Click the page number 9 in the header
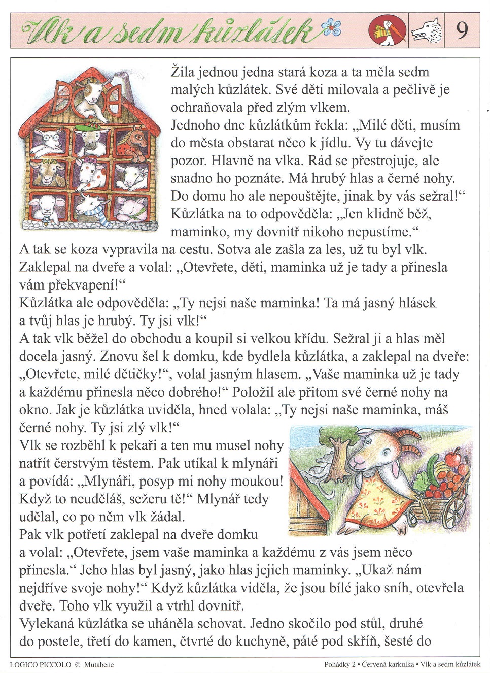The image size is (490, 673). (x=462, y=30)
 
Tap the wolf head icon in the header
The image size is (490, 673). (x=426, y=31)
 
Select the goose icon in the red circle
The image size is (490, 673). (x=388, y=30)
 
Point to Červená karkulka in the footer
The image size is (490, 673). (x=388, y=664)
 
